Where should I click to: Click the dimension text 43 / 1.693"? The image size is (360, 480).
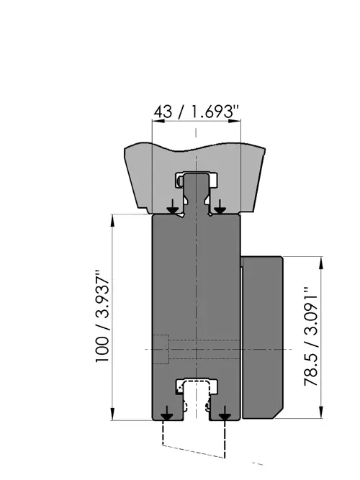196,112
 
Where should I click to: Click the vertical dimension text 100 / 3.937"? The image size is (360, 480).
102,316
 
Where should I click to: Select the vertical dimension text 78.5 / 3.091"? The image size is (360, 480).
310,336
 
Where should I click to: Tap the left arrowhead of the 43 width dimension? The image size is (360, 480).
158,121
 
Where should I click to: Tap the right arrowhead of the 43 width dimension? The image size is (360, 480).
235,121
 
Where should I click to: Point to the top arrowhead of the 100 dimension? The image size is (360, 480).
112,220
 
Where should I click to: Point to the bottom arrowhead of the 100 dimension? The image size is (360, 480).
112,414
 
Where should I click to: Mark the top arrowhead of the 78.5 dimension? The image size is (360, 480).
321,263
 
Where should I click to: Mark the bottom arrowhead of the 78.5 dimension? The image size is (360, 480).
321,412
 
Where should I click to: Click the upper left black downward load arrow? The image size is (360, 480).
173,207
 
